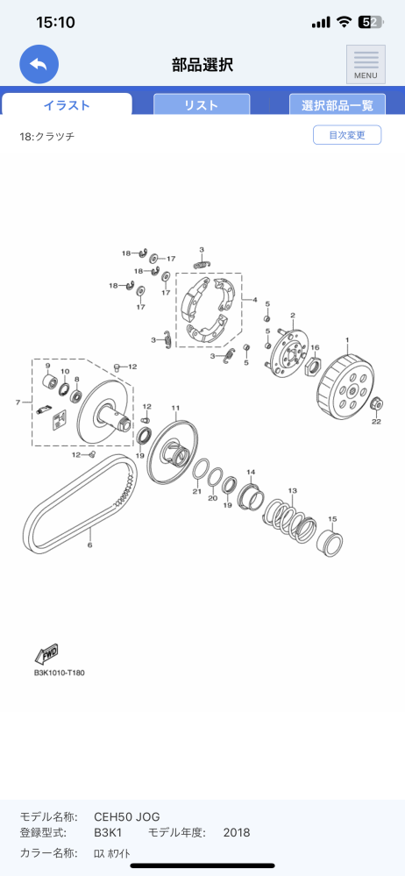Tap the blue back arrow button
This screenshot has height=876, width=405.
(x=39, y=64)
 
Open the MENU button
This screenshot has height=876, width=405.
(x=366, y=64)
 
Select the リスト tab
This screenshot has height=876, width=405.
(x=201, y=104)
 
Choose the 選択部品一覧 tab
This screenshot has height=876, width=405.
(x=337, y=104)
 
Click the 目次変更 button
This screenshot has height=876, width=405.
(x=347, y=135)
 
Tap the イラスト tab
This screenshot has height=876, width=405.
(x=67, y=104)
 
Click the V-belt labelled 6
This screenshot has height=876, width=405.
(x=78, y=502)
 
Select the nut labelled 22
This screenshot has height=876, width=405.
(x=376, y=402)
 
